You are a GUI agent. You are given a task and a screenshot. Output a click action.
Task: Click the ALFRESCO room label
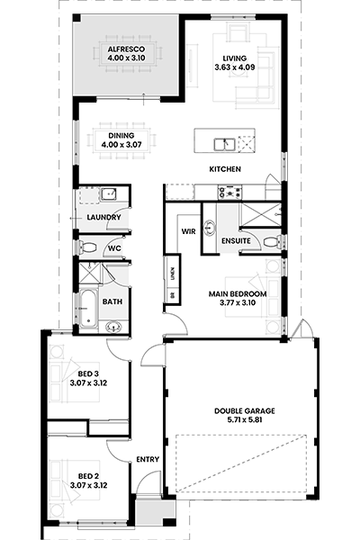pos(126,49)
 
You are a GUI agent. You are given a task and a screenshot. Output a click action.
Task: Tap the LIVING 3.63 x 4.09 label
pos(235,63)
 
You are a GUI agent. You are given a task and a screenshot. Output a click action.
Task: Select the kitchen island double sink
pos(224,144)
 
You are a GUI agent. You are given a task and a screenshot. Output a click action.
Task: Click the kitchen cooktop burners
pos(229,193)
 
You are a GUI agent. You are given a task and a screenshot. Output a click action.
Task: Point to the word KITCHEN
pos(225,169)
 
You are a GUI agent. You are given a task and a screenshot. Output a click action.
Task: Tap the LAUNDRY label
pos(103,217)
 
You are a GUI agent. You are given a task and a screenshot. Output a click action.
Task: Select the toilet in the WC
pos(87,247)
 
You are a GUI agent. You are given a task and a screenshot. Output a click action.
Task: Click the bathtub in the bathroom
pos(88,309)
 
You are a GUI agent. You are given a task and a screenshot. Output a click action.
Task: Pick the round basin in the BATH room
pos(113,326)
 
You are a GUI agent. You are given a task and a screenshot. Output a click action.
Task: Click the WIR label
pos(188,231)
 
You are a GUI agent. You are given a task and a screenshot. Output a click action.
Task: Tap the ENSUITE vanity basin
pos(209,228)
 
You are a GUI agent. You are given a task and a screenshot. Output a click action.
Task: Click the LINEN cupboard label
pos(173,274)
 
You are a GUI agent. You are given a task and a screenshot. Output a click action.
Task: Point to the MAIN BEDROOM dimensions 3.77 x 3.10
pos(238,303)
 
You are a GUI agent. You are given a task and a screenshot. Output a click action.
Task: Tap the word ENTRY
pos(148,459)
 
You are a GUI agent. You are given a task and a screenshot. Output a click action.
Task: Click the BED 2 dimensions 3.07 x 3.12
pos(88,486)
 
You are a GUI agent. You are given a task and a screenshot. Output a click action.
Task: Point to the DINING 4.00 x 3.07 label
pos(121,140)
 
